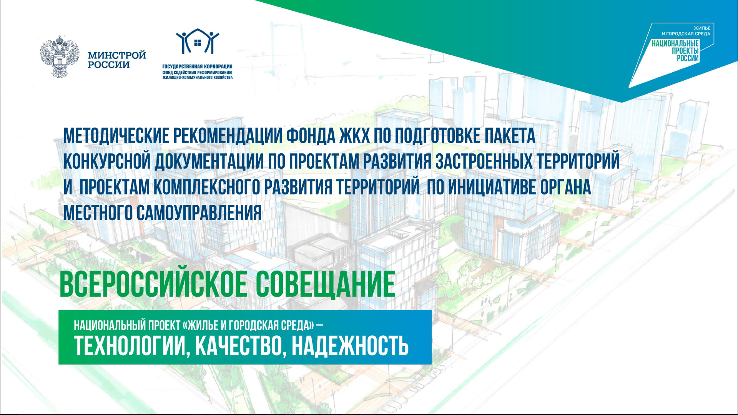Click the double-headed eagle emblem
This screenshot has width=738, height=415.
click(60, 56)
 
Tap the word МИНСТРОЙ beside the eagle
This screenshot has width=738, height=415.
click(117, 55)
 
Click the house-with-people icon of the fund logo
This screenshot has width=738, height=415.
click(198, 41)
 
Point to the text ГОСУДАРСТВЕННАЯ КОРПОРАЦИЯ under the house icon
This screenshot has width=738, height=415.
click(198, 66)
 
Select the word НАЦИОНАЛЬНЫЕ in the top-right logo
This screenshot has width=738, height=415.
click(675, 43)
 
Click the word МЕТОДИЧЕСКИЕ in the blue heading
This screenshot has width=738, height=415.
click(116, 136)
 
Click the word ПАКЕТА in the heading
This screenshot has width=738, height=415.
click(510, 136)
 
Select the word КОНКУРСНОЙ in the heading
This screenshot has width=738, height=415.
click(107, 161)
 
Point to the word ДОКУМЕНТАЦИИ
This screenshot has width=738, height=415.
click(209, 161)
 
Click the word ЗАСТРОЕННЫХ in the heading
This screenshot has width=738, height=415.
click(484, 161)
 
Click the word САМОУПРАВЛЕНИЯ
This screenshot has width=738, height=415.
click(199, 213)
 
